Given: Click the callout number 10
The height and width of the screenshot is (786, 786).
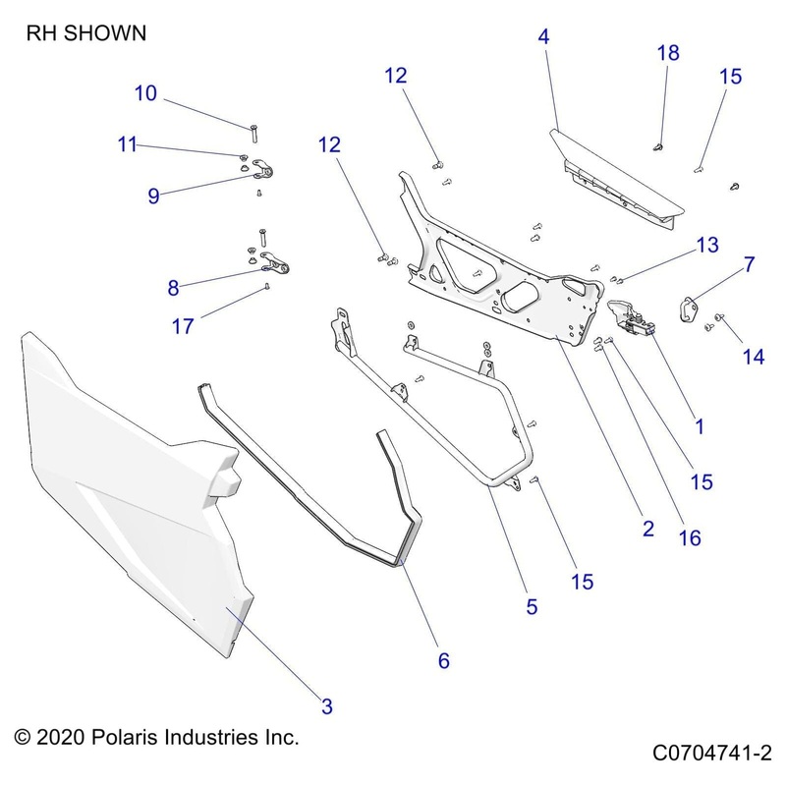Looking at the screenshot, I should pyautogui.click(x=145, y=94).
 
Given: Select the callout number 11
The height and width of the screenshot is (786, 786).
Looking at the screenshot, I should pyautogui.click(x=128, y=144).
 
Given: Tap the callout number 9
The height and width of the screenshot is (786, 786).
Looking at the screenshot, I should pyautogui.click(x=153, y=196).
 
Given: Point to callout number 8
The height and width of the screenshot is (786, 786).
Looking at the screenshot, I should pyautogui.click(x=174, y=288).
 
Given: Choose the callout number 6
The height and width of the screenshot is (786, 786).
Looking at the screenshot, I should pyautogui.click(x=443, y=661).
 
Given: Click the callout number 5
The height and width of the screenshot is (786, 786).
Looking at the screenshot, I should pyautogui.click(x=532, y=607).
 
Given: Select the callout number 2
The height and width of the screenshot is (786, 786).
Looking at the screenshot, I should pyautogui.click(x=648, y=528).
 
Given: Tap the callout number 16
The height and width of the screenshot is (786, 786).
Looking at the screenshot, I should pyautogui.click(x=690, y=537).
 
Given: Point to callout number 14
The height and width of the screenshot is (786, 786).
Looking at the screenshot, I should pyautogui.click(x=754, y=358).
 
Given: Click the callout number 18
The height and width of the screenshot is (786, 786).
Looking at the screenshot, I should pyautogui.click(x=668, y=54).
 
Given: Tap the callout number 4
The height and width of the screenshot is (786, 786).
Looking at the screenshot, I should pyautogui.click(x=543, y=38).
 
